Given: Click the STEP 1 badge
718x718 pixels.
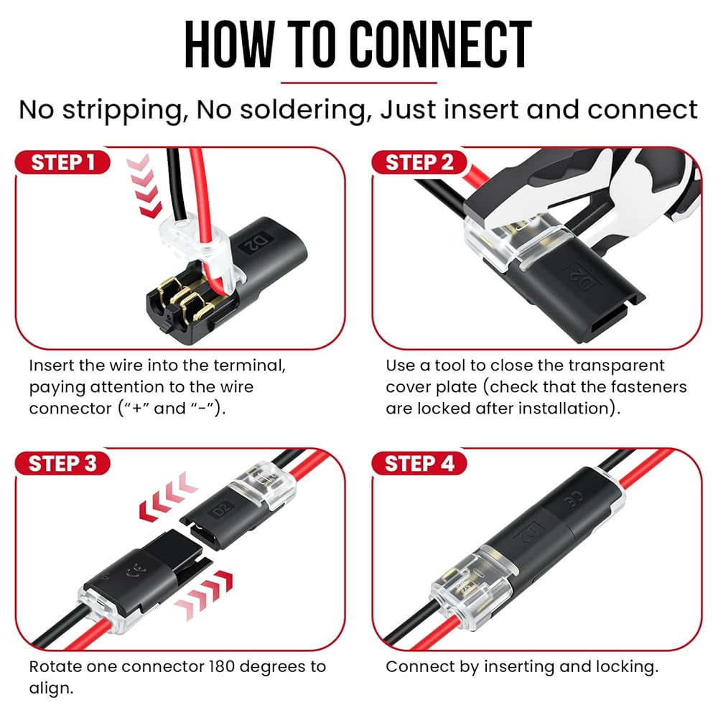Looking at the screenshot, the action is (x=62, y=162).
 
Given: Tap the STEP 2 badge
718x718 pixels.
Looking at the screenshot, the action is (x=419, y=162).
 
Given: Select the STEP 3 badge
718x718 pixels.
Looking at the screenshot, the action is (x=62, y=463).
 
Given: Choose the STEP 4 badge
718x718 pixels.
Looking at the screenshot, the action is (x=419, y=463).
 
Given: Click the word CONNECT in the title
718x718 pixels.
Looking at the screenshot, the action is (x=441, y=45).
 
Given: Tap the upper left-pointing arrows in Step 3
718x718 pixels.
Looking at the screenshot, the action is (x=167, y=498).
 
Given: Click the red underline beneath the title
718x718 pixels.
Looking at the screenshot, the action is (x=359, y=83).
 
